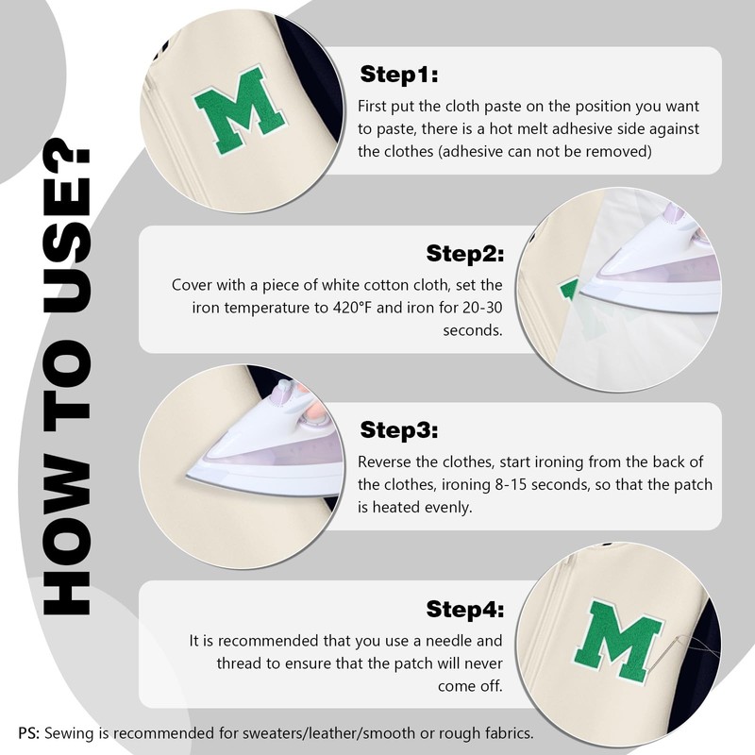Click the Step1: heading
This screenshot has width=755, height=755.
tap(399, 75)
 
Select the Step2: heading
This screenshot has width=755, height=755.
tap(464, 253)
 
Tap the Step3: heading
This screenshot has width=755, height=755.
tap(399, 430)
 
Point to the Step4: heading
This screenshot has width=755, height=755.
tap(464, 609)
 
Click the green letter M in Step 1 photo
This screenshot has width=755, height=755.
tap(240, 109)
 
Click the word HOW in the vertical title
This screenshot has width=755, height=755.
tap(66, 537)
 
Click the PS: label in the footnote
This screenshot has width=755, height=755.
tap(29, 733)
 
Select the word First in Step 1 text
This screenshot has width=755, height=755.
tap(372, 106)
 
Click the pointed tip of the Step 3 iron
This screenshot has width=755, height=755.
tap(188, 476)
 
